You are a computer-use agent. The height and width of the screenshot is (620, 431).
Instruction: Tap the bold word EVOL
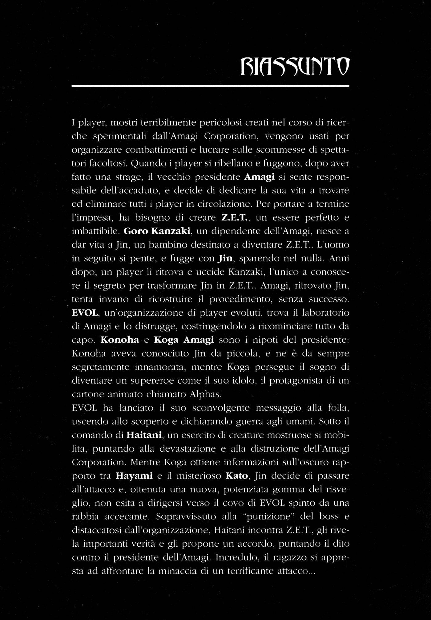click(85, 313)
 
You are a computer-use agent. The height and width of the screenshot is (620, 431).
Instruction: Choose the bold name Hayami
click(134, 476)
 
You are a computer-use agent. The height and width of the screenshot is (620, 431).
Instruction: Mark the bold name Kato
click(237, 476)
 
